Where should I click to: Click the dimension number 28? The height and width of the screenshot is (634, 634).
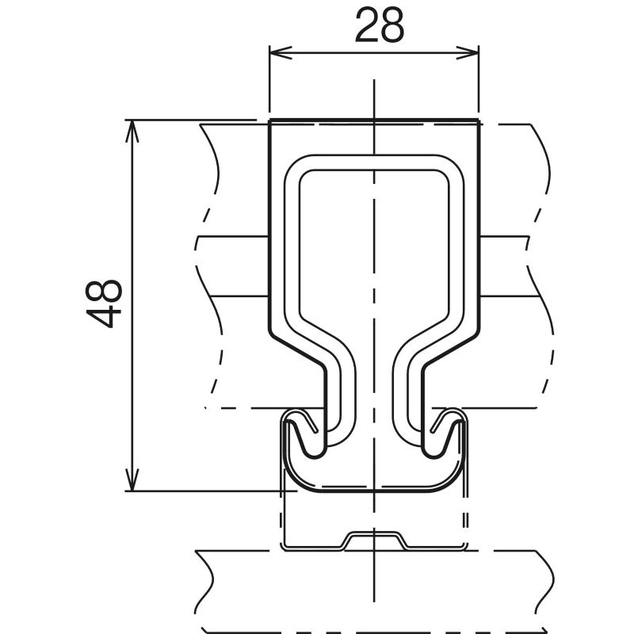379,26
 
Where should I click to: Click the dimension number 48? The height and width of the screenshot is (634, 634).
105,303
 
